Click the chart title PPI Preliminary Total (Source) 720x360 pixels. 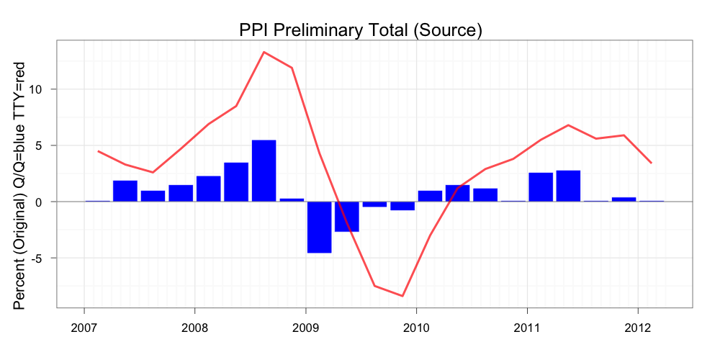point(360,30)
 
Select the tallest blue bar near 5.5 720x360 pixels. point(264,171)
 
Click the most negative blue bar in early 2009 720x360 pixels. point(319,227)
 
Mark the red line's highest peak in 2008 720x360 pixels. point(264,52)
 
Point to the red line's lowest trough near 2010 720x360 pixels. point(402,296)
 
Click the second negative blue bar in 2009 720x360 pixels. point(347,216)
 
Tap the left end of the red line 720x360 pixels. point(98,151)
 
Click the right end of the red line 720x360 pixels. point(652,163)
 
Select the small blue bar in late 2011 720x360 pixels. point(624,199)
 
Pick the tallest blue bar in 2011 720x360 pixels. point(568,186)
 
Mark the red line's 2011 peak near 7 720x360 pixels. point(568,125)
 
